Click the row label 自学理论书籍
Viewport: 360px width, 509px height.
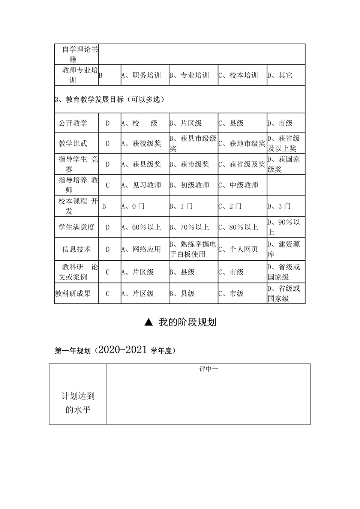[x=76, y=54]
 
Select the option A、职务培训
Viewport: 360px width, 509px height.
[x=141, y=75]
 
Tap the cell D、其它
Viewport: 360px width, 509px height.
[x=280, y=75]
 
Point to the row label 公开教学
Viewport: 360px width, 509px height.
[x=73, y=123]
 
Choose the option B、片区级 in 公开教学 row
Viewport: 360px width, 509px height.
[x=186, y=123]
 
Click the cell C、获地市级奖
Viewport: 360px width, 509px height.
[x=242, y=143]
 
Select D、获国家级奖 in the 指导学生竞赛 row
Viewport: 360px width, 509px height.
[x=284, y=164]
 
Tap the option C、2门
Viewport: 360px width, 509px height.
[x=231, y=206]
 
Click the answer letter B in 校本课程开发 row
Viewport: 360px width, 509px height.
[x=104, y=206]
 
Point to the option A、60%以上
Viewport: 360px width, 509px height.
[x=141, y=227]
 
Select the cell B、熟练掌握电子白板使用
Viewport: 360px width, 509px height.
[x=193, y=249]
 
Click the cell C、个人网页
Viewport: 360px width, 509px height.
[x=238, y=249]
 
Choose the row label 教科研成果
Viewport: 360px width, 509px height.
[x=73, y=293]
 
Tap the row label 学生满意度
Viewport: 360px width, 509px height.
[x=76, y=227]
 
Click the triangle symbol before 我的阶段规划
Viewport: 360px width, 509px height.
[x=149, y=322]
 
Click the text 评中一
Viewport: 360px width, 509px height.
[x=208, y=369]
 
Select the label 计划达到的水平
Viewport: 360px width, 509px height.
[x=78, y=402]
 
